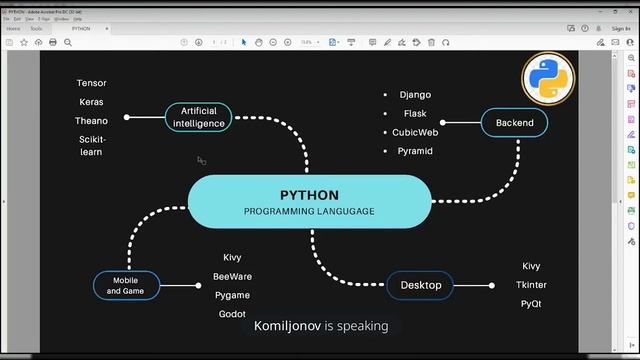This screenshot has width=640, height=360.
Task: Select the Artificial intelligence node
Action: click(x=198, y=117)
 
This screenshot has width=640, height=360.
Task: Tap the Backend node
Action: click(x=514, y=123)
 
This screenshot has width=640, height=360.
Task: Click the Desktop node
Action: click(x=420, y=285)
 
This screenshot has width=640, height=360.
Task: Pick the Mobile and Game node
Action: click(x=126, y=286)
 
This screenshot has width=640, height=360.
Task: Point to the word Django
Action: click(x=415, y=95)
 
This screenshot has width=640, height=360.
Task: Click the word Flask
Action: click(x=415, y=113)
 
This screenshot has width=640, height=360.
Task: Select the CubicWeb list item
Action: click(x=415, y=132)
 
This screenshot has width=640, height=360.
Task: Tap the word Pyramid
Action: click(x=415, y=151)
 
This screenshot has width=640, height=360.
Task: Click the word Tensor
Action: click(x=91, y=83)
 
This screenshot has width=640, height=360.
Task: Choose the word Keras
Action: click(x=91, y=102)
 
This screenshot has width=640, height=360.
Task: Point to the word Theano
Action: click(x=91, y=121)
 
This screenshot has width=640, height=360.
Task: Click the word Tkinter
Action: click(x=531, y=285)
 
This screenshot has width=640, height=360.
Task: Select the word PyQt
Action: click(x=531, y=303)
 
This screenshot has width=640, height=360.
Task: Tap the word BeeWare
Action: click(x=232, y=276)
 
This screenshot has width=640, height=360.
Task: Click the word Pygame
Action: click(x=232, y=295)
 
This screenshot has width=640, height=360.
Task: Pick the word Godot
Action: click(x=232, y=314)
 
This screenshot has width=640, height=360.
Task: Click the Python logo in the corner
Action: click(x=547, y=81)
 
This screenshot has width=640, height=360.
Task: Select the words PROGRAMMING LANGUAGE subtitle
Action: click(x=309, y=212)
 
